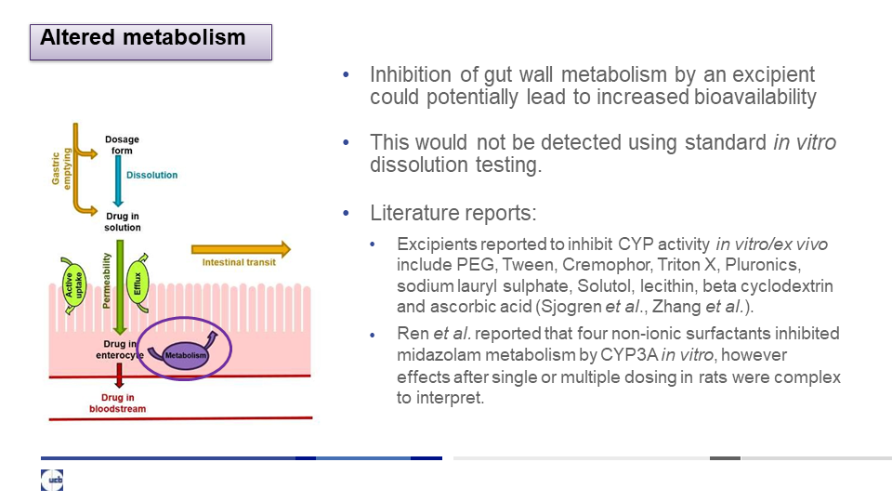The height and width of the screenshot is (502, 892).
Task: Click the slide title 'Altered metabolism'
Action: coord(143,37)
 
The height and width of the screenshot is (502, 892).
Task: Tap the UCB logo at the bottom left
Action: coord(52,480)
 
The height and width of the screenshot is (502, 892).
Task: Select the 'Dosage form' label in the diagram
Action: coord(122,145)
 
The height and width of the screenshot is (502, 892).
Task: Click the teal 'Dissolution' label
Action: coord(151,175)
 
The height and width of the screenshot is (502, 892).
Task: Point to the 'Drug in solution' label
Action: coord(123,221)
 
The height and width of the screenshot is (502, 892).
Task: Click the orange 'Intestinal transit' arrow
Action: coord(241,249)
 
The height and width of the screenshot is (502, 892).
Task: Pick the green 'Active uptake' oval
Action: coord(73,285)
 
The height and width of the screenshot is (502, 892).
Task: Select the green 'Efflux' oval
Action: coord(138,283)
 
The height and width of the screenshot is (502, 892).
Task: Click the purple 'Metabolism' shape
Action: coord(185,354)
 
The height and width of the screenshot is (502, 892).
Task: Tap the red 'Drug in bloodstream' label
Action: coord(117,403)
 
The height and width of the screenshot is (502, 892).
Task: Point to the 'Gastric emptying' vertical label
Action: coord(61,168)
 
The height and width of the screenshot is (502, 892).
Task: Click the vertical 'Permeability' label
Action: coord(106,281)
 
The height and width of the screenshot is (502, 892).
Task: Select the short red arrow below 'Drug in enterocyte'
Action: coord(119,376)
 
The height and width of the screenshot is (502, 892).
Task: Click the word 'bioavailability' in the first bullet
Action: coord(755,97)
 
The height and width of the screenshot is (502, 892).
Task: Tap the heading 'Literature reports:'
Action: coord(453,213)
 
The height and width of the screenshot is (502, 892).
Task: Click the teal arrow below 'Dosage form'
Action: coord(118,181)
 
